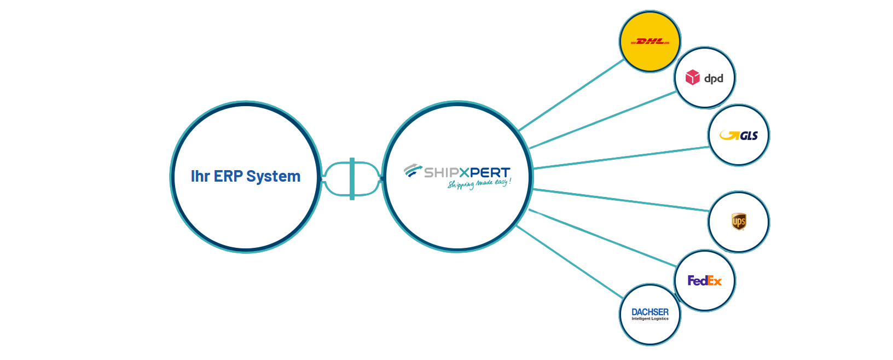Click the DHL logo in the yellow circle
tap(650, 42)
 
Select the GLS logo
tap(739, 136)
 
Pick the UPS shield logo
tap(739, 222)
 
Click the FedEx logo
tap(705, 281)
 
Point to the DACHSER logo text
tap(650, 312)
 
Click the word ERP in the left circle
tap(228, 176)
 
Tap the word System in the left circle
tap(273, 176)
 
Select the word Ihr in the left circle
tap(200, 176)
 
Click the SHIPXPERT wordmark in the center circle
tap(467, 172)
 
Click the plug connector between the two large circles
tap(351, 178)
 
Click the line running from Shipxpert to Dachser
tap(569, 262)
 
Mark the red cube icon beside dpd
tap(693, 77)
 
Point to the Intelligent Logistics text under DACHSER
tap(650, 319)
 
